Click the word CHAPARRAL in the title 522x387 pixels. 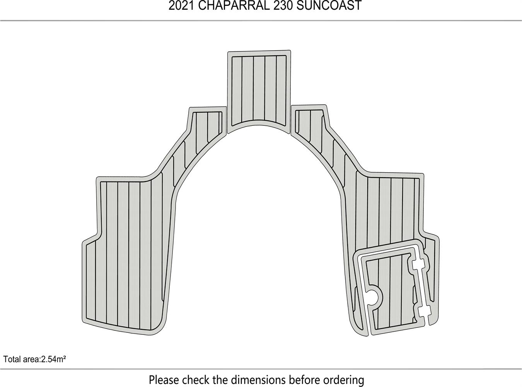point(234,6)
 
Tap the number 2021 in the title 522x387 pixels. point(181,6)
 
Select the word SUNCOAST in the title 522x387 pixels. point(329,6)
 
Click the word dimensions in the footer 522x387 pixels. point(258,380)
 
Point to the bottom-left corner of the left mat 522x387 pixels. point(83,322)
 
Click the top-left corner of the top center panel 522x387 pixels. point(228,52)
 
